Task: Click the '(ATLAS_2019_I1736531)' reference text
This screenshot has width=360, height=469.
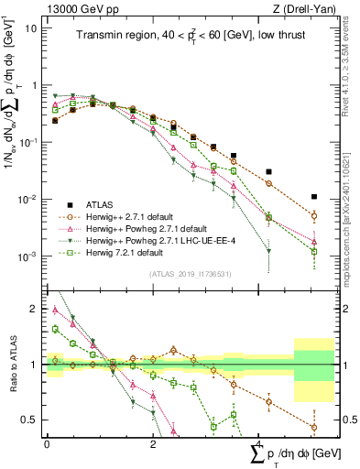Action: pyautogui.click(x=189, y=273)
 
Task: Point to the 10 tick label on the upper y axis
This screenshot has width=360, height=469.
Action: pyautogui.click(x=30, y=27)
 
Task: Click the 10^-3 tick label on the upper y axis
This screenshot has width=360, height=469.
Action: pyautogui.click(x=27, y=256)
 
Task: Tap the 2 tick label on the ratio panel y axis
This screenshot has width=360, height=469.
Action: pyautogui.click(x=34, y=309)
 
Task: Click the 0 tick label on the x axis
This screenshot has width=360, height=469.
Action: pyautogui.click(x=47, y=442)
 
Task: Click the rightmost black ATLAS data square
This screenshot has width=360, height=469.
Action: pyautogui.click(x=314, y=196)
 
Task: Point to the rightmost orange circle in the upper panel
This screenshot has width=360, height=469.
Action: pyautogui.click(x=314, y=216)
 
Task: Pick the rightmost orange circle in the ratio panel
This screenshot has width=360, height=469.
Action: pyautogui.click(x=314, y=427)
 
